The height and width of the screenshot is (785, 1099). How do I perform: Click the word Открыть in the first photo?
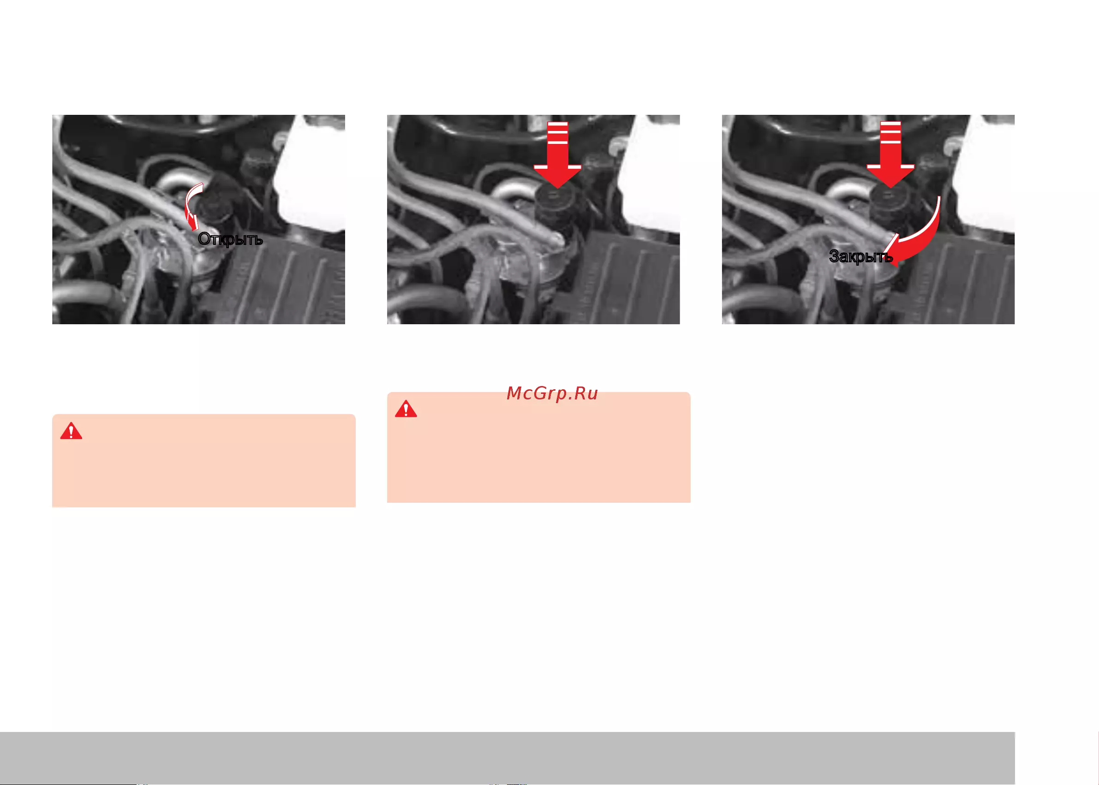click(230, 239)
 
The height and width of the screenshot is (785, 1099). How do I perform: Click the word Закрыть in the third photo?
click(860, 256)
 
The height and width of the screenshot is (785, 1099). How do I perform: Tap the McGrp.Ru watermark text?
click(552, 393)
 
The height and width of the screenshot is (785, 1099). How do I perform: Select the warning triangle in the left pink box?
click(71, 431)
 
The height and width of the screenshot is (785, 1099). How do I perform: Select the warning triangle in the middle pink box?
click(406, 409)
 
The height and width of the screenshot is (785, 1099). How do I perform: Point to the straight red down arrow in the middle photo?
click(557, 155)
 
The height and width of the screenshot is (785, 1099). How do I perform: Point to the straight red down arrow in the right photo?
click(890, 155)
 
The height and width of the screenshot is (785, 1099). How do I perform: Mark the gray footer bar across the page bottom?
click(507, 757)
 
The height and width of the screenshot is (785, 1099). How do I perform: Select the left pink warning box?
click(203, 460)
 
